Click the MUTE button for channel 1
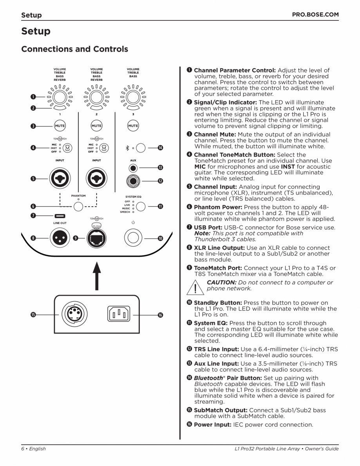60,126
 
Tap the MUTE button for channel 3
133,126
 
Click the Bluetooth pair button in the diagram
141,148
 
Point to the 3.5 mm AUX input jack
133,168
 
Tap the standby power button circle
133,238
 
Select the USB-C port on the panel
60,215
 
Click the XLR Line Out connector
60,238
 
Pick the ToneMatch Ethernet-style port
96,238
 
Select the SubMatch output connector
74,314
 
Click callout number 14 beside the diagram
160,148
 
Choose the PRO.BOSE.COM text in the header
315,15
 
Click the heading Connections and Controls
74,49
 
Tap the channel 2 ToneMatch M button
104,148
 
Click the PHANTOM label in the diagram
78,196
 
